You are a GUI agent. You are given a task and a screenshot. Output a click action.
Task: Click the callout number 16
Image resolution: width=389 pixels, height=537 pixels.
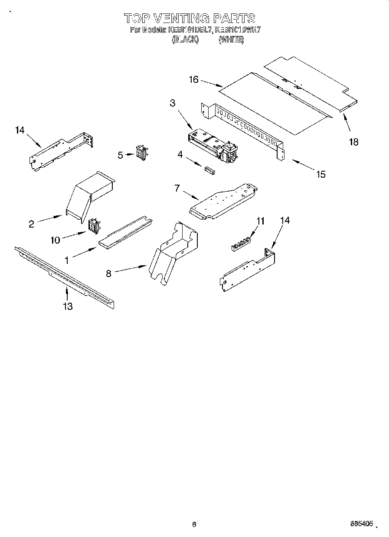193,79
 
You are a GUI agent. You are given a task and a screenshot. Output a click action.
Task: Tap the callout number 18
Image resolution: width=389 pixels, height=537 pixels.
354,142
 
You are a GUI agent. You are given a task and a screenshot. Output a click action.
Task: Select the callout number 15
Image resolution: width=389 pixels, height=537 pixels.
320,174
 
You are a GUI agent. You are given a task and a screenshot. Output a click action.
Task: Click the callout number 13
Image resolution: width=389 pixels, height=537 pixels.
67,306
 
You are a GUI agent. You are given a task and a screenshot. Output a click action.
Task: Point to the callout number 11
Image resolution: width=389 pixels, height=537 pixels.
260,221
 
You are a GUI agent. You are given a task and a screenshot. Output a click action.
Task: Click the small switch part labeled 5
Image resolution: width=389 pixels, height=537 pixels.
141,153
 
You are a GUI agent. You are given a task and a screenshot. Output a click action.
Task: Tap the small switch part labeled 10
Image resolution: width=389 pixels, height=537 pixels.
93,226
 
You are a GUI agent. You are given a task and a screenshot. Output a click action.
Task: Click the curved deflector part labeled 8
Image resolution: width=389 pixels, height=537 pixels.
173,254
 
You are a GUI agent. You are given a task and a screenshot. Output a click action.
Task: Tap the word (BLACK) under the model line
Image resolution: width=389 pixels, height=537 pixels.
185,39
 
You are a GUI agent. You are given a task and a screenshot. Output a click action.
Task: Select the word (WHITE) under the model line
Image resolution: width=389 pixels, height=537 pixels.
231,39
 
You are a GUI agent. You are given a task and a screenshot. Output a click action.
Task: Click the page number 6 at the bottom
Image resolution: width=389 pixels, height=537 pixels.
194,525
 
